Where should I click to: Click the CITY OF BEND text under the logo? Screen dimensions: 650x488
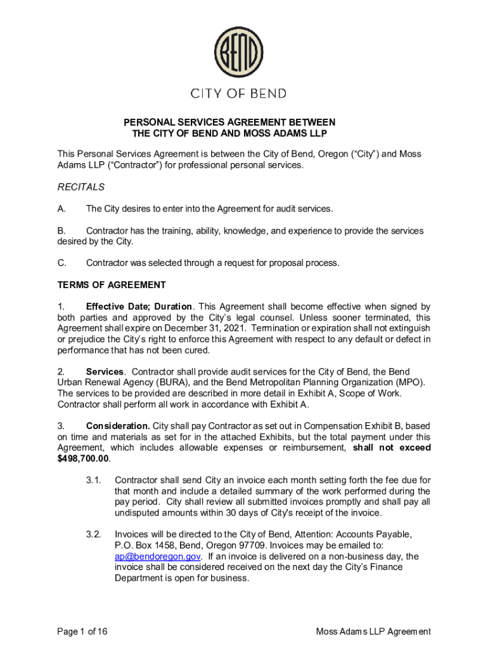238,94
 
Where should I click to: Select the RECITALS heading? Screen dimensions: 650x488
81,187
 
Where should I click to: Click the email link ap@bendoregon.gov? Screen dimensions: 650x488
149,556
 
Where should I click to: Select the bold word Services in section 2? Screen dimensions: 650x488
105,371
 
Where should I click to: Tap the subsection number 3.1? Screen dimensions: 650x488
94,480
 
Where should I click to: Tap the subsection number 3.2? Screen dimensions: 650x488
94,534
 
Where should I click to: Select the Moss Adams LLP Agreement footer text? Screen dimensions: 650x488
373,631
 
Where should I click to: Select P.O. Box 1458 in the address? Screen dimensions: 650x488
144,545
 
